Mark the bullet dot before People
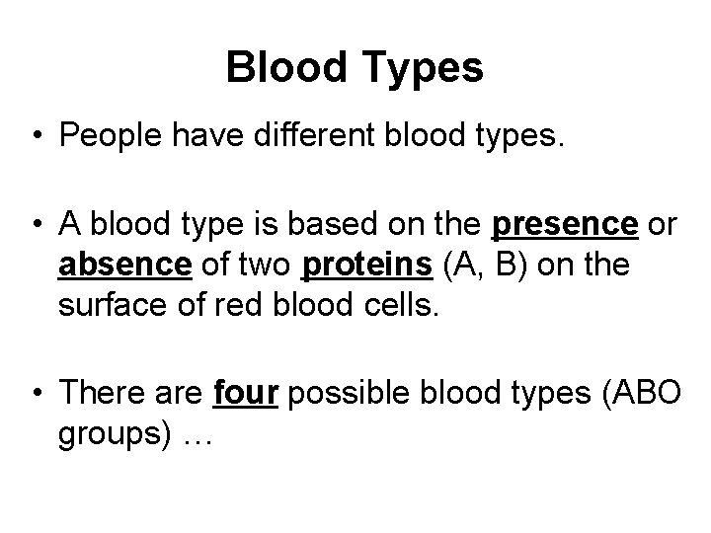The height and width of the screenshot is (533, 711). click(x=37, y=136)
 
